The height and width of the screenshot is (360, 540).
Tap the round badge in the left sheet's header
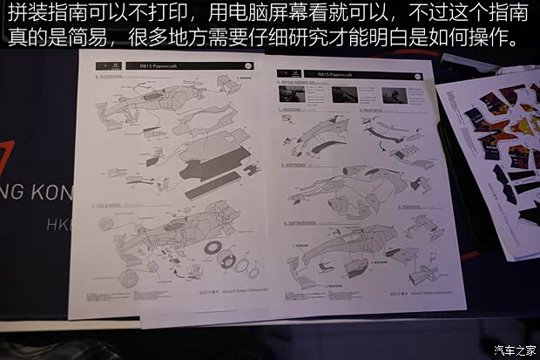[x=250, y=65]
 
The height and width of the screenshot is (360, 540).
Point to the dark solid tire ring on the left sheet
[x=211, y=247]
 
